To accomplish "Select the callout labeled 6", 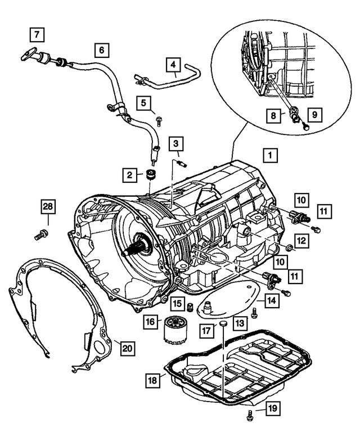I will [x=102, y=50].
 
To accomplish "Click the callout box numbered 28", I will [x=48, y=208].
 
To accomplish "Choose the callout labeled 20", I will [x=127, y=349].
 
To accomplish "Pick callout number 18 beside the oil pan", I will [x=151, y=381].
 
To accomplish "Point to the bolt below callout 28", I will [x=39, y=236].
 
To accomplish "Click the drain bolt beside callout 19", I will [x=249, y=417].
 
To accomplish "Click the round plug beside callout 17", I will [x=222, y=324].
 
